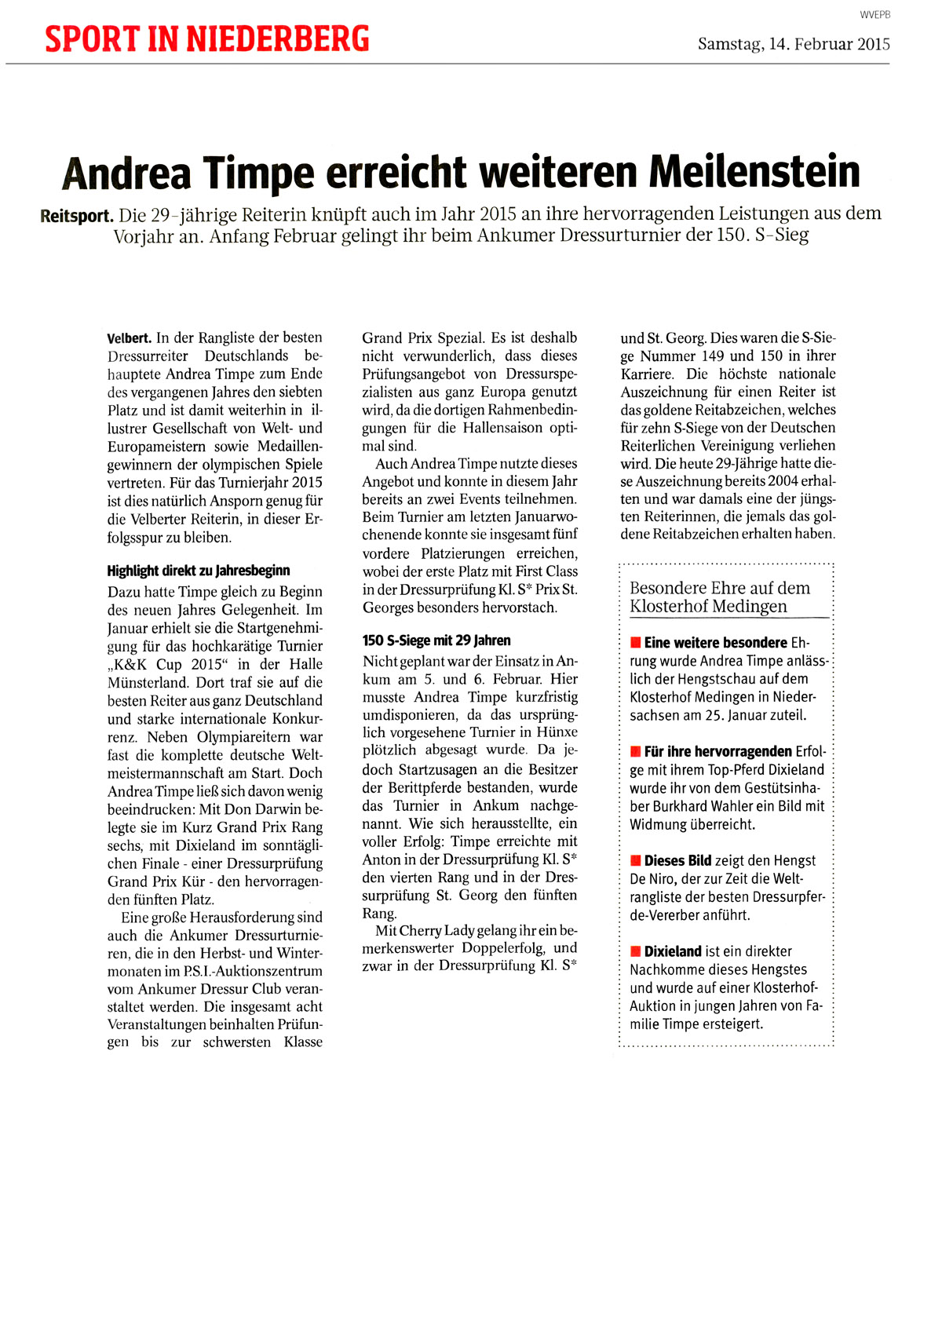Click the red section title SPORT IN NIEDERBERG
[206, 38]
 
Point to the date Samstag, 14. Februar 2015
[794, 44]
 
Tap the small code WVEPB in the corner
[875, 15]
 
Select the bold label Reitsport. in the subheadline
[77, 215]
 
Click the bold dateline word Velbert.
[129, 338]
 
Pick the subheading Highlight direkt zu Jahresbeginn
[198, 571]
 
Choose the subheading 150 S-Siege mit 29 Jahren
[436, 640]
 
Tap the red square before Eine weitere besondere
[635, 643]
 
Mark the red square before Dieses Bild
[635, 861]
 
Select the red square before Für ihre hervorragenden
[635, 752]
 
